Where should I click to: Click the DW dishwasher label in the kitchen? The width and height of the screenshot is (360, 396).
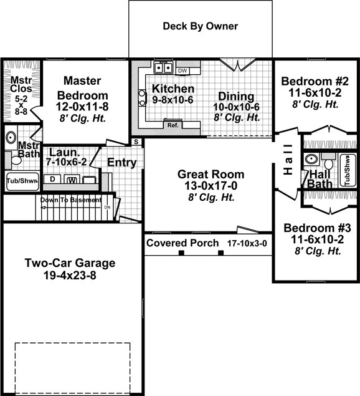(182, 71)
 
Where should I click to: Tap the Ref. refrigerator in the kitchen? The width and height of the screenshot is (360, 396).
(173, 124)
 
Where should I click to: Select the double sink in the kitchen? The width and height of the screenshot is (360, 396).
(163, 67)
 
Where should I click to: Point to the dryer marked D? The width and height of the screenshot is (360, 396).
(52, 179)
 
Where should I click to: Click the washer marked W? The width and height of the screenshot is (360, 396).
(72, 180)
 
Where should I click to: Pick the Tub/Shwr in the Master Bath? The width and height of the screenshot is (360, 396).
(22, 181)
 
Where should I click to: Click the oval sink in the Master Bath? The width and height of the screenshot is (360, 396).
(11, 138)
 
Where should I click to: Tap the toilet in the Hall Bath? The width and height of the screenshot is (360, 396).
(328, 162)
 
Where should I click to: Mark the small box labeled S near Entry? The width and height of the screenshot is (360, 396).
(136, 142)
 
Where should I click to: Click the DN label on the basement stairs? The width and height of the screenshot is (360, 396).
(108, 207)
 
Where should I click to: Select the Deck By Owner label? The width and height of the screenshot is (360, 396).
(201, 26)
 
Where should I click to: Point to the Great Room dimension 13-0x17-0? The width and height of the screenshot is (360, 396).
(211, 186)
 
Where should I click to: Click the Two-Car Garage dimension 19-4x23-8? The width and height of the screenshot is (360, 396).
(70, 275)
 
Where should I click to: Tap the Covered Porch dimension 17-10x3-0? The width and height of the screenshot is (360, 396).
(247, 243)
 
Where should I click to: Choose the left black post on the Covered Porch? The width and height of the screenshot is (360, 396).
(181, 253)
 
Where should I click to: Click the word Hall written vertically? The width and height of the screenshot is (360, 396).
(288, 160)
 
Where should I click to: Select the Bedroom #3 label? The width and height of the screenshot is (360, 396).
(317, 228)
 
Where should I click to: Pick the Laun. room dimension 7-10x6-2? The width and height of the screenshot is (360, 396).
(67, 162)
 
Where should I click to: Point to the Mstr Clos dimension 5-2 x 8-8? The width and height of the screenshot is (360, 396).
(21, 105)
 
